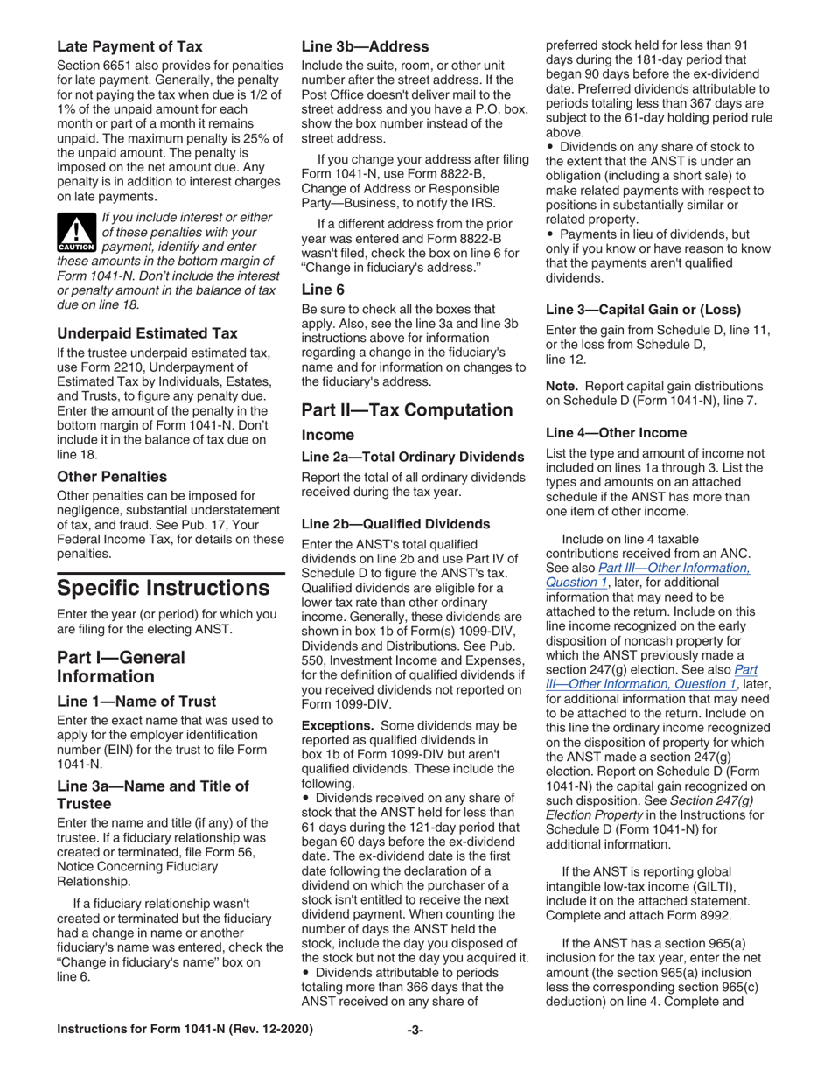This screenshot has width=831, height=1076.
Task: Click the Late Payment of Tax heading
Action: click(x=129, y=46)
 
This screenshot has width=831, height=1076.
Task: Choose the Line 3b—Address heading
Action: click(x=365, y=46)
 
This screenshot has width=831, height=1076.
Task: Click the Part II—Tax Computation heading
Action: click(x=407, y=409)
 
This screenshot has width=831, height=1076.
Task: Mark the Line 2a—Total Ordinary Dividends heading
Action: click(x=412, y=457)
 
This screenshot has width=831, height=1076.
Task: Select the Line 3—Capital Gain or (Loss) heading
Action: click(x=643, y=309)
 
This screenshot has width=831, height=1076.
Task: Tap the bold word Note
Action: click(x=561, y=386)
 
